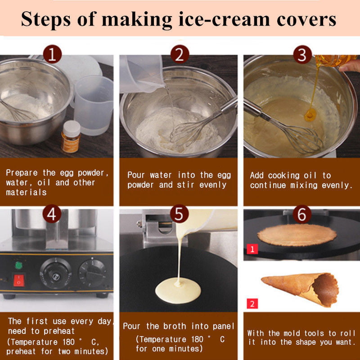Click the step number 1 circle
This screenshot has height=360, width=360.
pos(52,55)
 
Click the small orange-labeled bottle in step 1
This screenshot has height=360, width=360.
pos(71,136)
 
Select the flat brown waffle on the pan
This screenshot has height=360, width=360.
pos(297,235)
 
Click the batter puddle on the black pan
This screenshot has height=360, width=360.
pos(178,290)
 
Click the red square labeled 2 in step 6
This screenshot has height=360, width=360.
pos(252,303)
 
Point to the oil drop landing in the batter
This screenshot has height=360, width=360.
pos(310,116)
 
